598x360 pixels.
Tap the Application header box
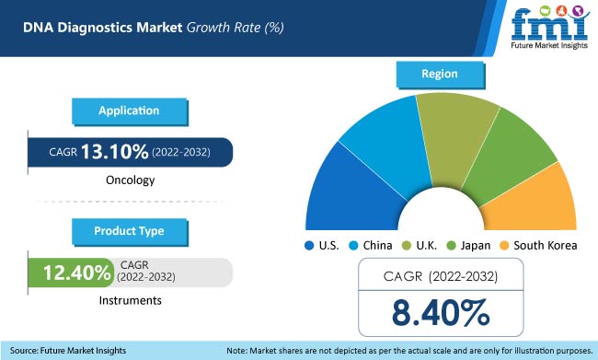[x=129, y=110]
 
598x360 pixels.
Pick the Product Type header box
[x=129, y=229]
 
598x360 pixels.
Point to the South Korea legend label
[x=546, y=246]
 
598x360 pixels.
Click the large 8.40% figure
[x=441, y=313]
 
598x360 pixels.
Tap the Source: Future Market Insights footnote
[x=69, y=351]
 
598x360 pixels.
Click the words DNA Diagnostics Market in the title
[x=84, y=27]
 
